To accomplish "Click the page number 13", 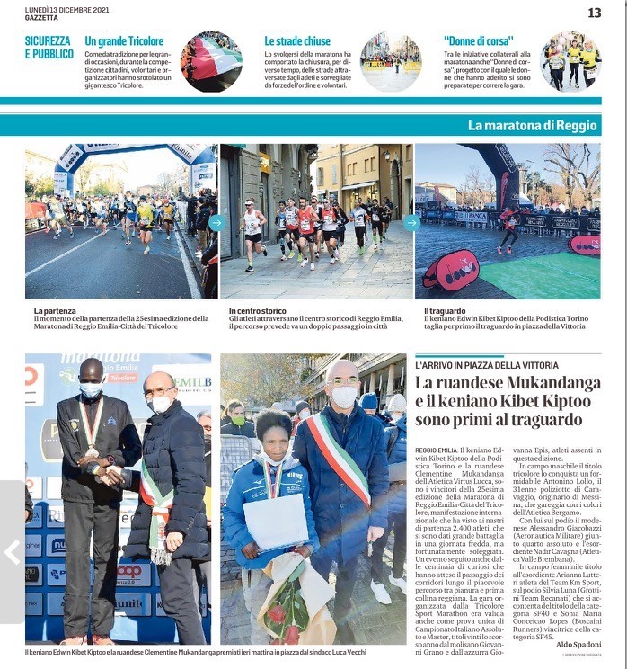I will coord(595,13).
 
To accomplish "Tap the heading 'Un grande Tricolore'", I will coord(124,41).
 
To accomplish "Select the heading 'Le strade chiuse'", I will coord(297,41).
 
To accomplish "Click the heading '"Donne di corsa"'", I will coord(478,41).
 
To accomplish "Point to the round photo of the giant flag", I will coord(211,62).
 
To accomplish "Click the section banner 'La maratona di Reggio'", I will coord(532,125).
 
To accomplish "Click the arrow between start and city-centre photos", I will coord(216,222).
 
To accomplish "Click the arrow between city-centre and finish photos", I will coord(411,222).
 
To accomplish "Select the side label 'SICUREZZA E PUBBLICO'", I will coord(49,47).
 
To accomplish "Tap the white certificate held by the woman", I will coord(276,522).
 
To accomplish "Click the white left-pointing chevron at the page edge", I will coord(12,551).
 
